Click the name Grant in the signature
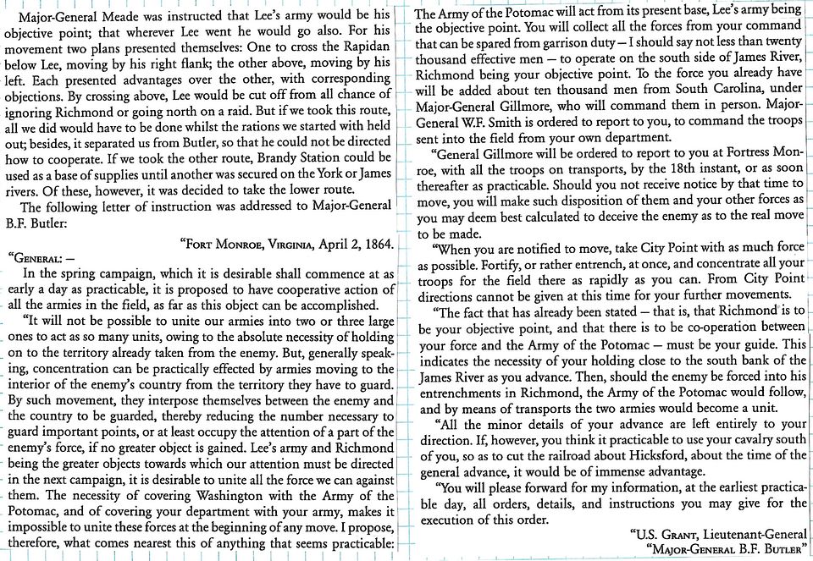[681, 533]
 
